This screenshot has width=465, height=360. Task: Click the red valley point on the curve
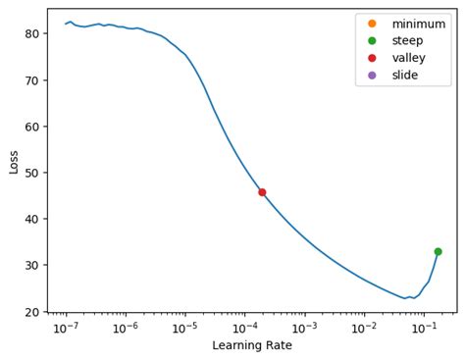point(262,192)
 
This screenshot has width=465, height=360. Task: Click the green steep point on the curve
point(438,251)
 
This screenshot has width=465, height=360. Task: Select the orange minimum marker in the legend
point(372,23)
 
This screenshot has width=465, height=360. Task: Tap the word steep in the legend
point(408,40)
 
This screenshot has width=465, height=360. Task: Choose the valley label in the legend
point(410,58)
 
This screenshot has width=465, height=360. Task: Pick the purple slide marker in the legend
point(372,76)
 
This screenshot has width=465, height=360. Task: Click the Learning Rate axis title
point(252,345)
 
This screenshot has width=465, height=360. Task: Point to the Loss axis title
point(14,162)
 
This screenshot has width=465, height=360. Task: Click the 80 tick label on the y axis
point(31,33)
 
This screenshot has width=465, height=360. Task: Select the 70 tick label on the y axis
point(31,79)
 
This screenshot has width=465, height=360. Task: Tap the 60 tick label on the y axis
point(31,127)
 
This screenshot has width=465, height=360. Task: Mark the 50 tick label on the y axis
point(31,173)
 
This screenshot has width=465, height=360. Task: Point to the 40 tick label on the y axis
point(31,219)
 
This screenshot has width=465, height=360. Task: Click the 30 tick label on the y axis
point(31,265)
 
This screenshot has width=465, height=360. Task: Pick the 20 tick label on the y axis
point(31,312)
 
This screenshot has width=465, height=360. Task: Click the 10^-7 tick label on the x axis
point(66,328)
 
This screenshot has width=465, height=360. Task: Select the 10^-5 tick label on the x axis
point(184,328)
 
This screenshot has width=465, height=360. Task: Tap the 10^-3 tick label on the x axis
point(304,328)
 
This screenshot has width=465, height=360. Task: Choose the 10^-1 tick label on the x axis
point(424,328)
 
